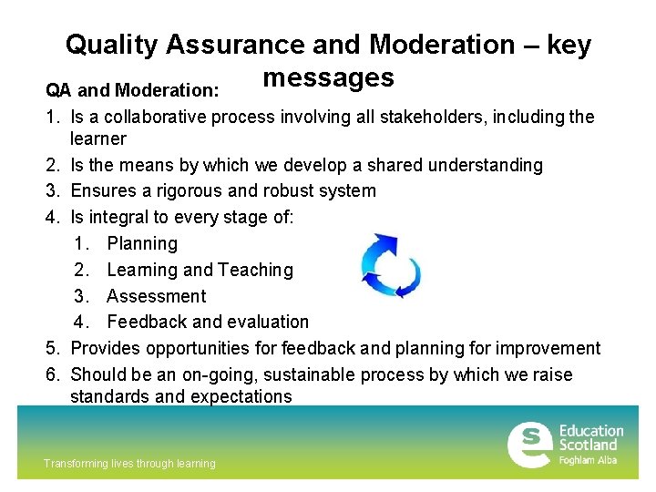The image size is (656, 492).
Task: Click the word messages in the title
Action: click(328, 77)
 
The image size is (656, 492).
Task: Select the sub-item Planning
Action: click(142, 243)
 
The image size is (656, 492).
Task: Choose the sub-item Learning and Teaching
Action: click(200, 270)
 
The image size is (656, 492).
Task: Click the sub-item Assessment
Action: click(156, 296)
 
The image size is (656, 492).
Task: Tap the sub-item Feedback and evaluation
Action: click(208, 322)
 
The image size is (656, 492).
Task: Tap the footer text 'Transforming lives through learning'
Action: click(129, 464)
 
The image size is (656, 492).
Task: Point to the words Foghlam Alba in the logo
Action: click(588, 460)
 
